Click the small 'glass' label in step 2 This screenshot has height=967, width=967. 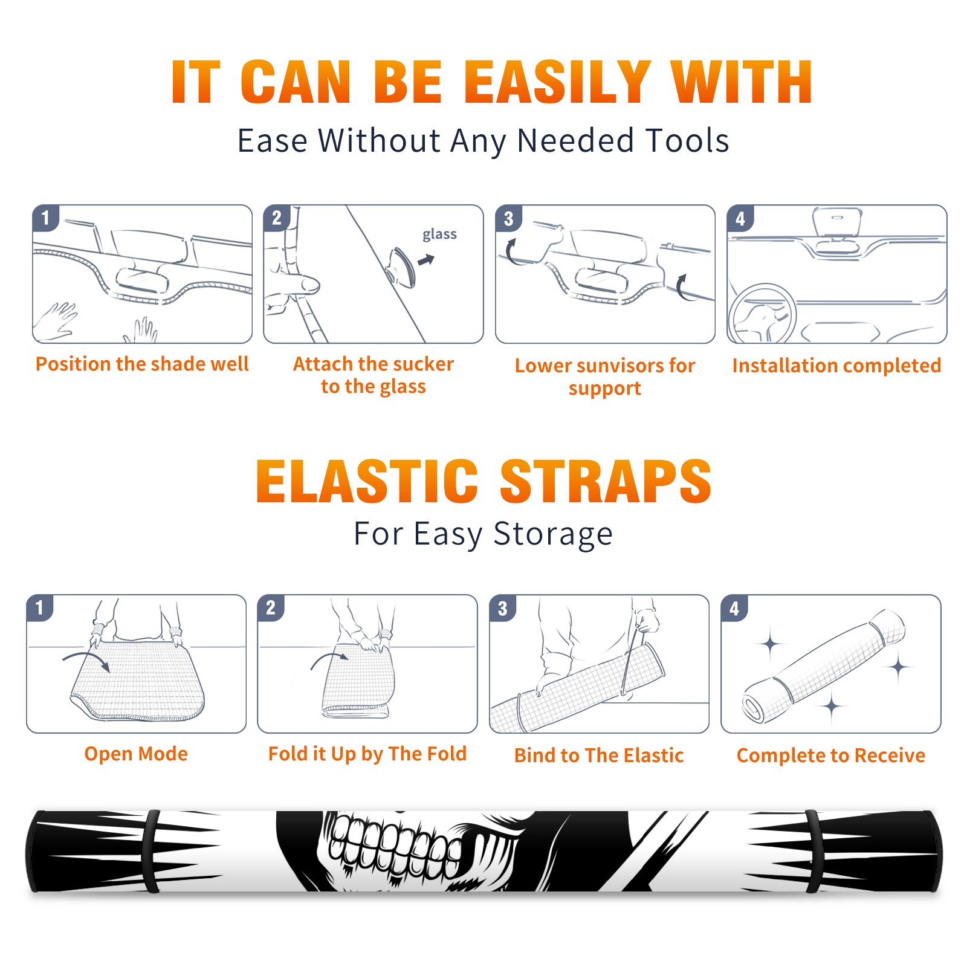pos(439,234)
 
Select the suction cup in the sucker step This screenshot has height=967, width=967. pos(402,267)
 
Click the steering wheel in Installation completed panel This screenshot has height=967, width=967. pos(762,314)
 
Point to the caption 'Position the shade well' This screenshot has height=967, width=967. pos(142,364)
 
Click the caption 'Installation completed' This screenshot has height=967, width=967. pos(836,366)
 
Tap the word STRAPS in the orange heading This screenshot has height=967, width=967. pos(606,481)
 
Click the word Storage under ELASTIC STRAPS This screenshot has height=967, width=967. pos(553,534)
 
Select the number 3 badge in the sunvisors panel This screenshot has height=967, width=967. pos(508,218)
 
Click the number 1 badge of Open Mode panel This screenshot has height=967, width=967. pos(40,607)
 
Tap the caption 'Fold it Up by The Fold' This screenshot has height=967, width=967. pos(367,754)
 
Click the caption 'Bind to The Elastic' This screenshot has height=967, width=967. pos(599,755)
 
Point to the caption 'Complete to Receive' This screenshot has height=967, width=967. pos(831,755)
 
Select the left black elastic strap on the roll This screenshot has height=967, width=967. pos(152,852)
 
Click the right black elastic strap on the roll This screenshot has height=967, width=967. pos(813,852)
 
